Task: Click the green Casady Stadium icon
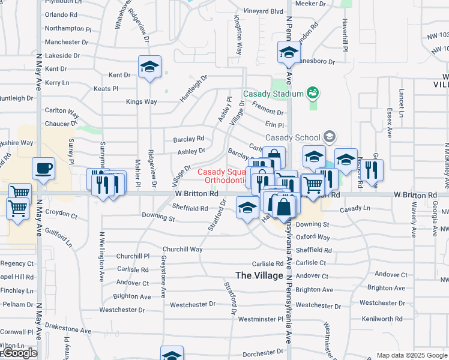[312, 92]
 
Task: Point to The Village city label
[259, 275]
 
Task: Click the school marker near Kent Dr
[149, 67]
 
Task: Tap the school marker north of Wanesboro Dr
[289, 52]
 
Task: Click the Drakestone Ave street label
[67, 331]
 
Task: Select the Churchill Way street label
[182, 249]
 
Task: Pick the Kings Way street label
[141, 102]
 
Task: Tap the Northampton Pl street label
[67, 28]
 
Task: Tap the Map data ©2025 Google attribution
[412, 355]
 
